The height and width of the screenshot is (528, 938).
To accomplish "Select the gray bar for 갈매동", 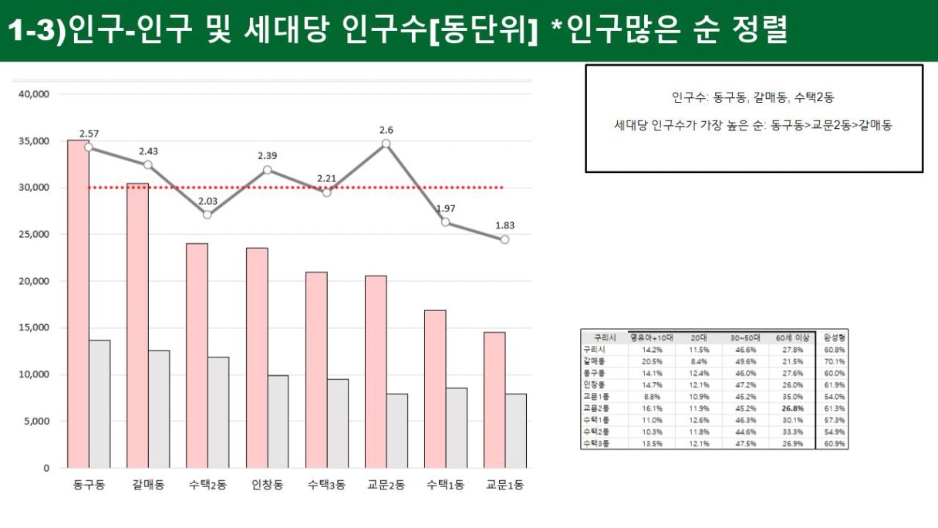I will tap(159, 409).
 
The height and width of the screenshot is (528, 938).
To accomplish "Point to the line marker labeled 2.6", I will tap(386, 144).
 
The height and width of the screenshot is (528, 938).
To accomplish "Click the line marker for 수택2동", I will tap(208, 215).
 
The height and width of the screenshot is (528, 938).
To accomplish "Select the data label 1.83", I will tap(504, 225).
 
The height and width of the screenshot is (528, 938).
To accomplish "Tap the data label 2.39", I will tap(267, 156).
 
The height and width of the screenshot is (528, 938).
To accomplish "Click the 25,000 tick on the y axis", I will tap(34, 235).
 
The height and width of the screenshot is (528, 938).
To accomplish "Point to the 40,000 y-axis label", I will tap(34, 94).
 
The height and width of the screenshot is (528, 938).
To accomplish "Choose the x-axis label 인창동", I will tap(267, 486).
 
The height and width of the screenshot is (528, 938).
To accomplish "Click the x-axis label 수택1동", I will tap(445, 486).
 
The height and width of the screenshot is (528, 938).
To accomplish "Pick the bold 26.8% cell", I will tap(792, 408).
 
